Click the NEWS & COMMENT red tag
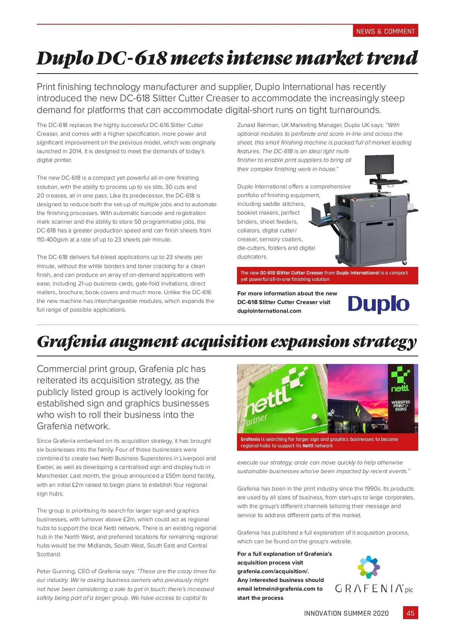(385, 31)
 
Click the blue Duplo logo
(378, 304)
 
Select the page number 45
(410, 613)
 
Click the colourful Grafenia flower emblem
(369, 567)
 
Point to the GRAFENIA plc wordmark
(374, 589)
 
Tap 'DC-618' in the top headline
(132, 59)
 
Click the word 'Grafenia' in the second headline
(71, 342)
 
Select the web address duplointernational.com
(269, 311)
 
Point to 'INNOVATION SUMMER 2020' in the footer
(346, 613)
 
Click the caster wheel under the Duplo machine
(404, 262)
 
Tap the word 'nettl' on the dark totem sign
(400, 388)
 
